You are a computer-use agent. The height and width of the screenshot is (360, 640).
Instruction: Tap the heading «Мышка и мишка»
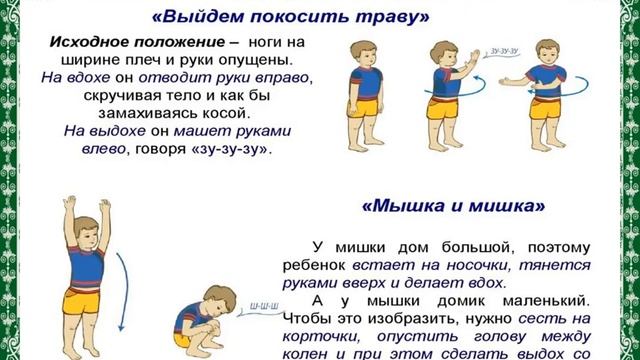[x=452, y=206]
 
